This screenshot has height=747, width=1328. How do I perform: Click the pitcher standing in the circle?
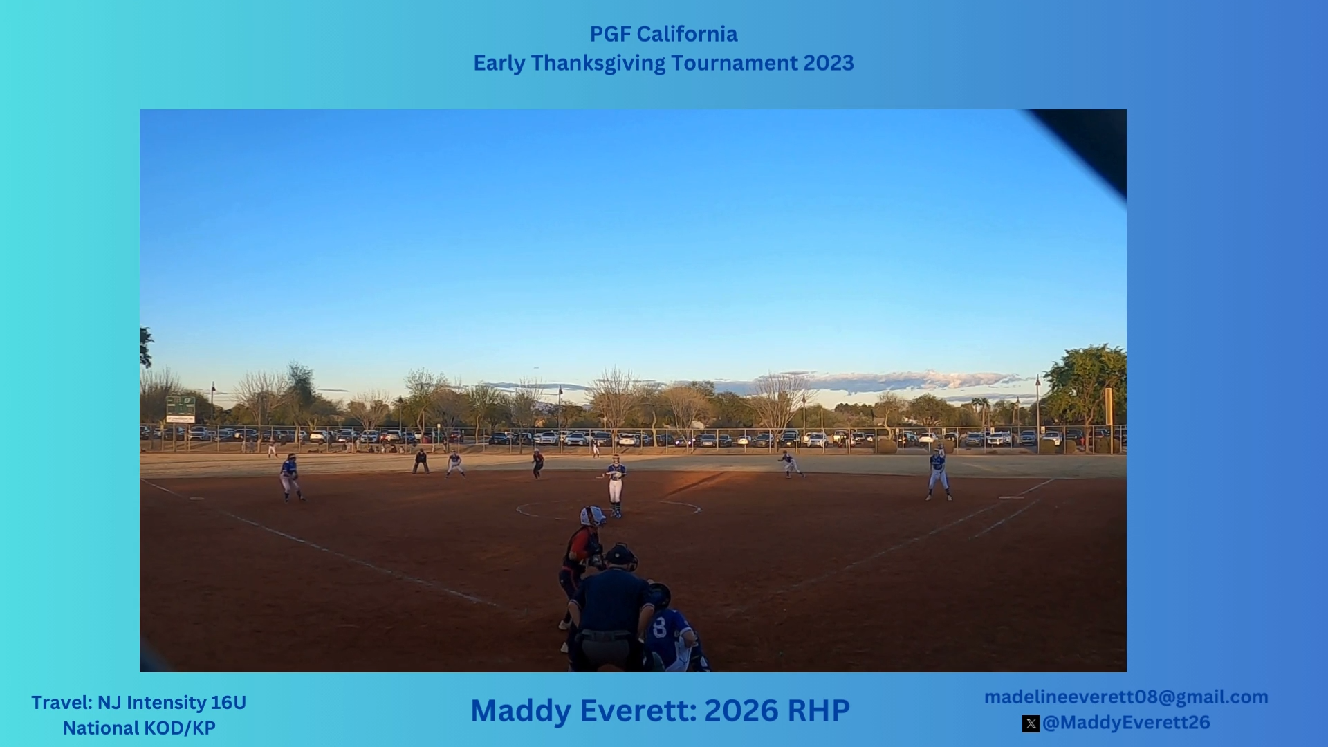tap(615, 486)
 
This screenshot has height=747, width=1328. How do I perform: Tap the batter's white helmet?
tap(591, 516)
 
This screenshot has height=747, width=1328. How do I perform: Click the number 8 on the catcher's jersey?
tap(659, 627)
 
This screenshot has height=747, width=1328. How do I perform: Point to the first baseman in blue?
tap(938, 474)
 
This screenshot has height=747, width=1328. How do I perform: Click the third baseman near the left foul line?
tap(290, 477)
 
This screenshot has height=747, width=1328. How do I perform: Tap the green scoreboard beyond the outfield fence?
tap(181, 409)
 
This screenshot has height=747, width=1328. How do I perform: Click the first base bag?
tap(1011, 497)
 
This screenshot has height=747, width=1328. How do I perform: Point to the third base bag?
tap(197, 498)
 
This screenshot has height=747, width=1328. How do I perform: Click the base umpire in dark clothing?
tap(420, 461)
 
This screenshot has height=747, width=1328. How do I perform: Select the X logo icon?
tap(1031, 723)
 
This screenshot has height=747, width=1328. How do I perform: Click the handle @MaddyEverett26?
tap(1126, 723)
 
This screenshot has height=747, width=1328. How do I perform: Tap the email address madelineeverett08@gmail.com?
tap(1126, 697)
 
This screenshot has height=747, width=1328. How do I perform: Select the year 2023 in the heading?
tap(829, 63)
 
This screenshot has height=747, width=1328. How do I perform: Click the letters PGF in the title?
tap(610, 34)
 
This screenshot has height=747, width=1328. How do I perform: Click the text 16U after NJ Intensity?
tap(228, 703)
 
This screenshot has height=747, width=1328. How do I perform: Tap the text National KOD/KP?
tap(139, 728)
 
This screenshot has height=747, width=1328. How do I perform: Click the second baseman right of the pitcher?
tap(791, 464)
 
